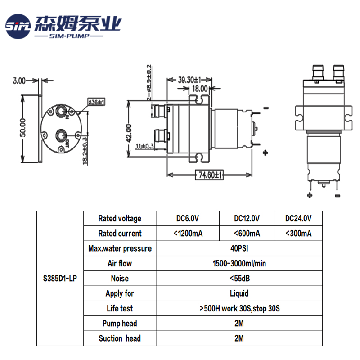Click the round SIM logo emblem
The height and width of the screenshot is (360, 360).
18,26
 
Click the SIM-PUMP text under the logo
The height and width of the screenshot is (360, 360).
69,36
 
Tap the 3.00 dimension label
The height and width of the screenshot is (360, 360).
19,81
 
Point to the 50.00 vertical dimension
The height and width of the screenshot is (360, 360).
23,128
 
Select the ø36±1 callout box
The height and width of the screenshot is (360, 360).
96,102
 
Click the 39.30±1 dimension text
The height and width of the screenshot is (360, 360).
189,80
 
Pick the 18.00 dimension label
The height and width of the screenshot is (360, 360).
200,89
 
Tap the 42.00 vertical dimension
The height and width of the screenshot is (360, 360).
129,133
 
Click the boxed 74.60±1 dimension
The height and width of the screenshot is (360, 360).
209,175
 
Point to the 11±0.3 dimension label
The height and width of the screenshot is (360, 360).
144,146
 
